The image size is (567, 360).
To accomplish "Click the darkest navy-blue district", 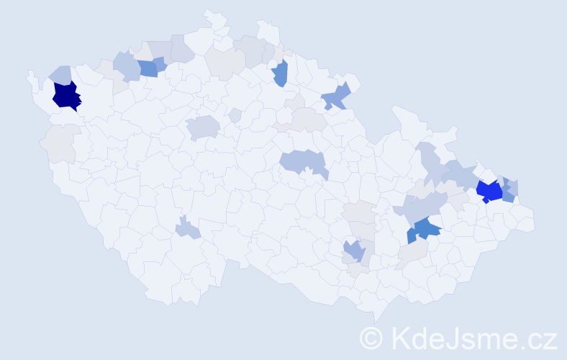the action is point(66,96).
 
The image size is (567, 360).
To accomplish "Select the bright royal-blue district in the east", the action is point(489,191).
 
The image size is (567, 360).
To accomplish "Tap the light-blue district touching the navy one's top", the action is point(60,76).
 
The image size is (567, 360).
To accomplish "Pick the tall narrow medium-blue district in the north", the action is point(281,73).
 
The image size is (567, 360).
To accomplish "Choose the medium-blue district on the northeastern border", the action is point(337,96).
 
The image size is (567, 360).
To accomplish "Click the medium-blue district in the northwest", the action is point(149,68).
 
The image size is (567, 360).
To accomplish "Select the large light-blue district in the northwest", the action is point(126,66).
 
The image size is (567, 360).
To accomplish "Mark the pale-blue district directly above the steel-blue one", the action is point(421,208).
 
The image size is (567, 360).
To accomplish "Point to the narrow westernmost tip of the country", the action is point(30,73).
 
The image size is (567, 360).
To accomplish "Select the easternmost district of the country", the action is point(525,223).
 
